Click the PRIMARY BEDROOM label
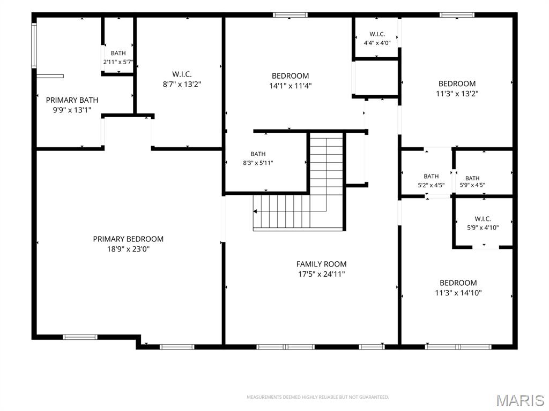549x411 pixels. click(128, 239)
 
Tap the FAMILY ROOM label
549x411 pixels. click(322, 264)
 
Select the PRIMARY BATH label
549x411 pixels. click(72, 100)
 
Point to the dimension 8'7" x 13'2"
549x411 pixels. click(182, 84)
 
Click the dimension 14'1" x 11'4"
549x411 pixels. click(290, 86)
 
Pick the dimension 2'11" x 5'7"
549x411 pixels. click(118, 62)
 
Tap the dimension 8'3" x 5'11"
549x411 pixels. click(258, 163)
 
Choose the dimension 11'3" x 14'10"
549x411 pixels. click(458, 293)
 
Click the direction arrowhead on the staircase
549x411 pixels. click(255, 211)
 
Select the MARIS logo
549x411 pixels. click(520, 400)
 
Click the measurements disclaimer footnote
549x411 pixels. click(318, 397)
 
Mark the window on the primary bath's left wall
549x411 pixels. click(34, 45)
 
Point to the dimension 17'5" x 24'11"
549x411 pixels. click(322, 275)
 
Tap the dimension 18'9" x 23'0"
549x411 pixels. click(128, 249)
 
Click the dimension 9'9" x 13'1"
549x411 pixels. click(72, 110)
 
